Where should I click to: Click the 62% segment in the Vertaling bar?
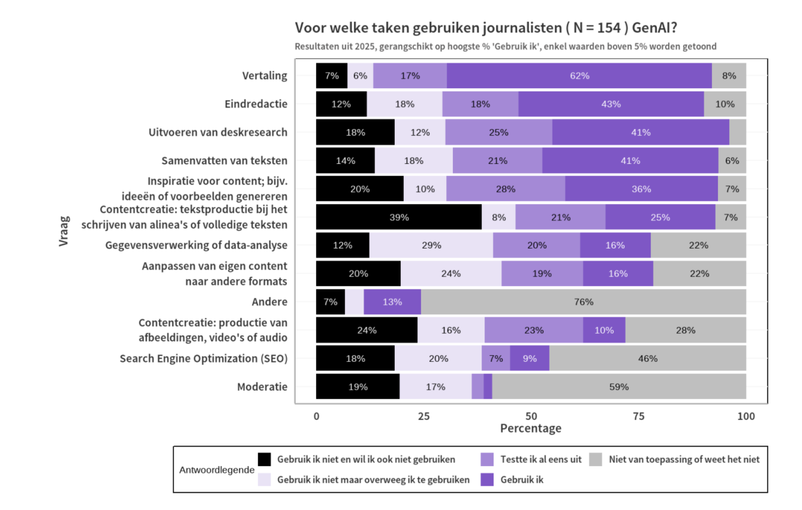[579, 76]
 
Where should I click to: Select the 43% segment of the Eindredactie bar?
[611, 104]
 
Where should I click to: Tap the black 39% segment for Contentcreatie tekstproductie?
[399, 217]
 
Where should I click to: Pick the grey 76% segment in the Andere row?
[583, 302]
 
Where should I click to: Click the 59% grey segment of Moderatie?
[619, 387]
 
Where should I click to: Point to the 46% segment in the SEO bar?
[648, 358]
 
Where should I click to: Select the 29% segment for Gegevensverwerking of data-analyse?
[431, 245]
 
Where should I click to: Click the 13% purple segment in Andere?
[392, 302]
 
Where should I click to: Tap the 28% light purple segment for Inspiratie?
[505, 189]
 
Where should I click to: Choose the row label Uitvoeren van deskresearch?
[218, 132]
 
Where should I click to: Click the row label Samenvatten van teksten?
[224, 161]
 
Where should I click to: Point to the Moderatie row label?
[262, 387]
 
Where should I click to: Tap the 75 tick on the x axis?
[639, 416]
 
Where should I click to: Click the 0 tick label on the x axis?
[316, 416]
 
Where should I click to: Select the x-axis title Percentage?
[530, 428]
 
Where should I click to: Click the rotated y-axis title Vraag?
[64, 231]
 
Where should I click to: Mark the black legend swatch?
[264, 459]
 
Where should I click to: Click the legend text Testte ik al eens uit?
[541, 459]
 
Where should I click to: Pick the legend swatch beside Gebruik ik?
[487, 480]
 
